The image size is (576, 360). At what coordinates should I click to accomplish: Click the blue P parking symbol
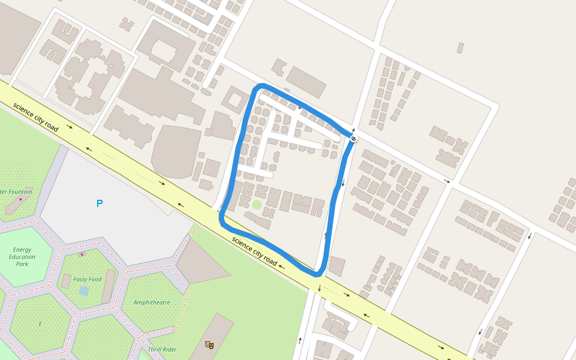coord(100,203)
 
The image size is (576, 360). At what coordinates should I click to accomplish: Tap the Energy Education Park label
coord(22,256)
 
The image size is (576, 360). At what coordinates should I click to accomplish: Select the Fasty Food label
coord(88,279)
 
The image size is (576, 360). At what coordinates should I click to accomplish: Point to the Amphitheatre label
coord(152,302)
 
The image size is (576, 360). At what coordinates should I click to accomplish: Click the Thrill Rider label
coord(162,349)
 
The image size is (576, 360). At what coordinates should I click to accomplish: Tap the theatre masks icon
coord(209,344)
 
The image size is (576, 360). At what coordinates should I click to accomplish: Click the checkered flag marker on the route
coord(354,139)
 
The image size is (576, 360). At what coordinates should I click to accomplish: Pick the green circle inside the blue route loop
coord(257,205)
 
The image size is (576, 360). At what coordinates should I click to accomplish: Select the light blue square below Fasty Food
coord(83,291)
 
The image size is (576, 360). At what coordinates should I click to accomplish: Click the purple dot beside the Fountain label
coord(20,199)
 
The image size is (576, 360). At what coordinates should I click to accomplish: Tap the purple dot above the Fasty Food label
coord(82,254)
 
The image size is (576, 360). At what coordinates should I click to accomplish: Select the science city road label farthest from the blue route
coord(35,117)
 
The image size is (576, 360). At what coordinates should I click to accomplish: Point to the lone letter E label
coord(41,324)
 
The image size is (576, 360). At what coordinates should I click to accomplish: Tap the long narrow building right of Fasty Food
coord(109,286)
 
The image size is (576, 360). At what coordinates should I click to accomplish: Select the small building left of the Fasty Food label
coord(66,281)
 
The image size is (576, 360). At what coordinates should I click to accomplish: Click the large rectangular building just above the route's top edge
coord(306,82)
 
